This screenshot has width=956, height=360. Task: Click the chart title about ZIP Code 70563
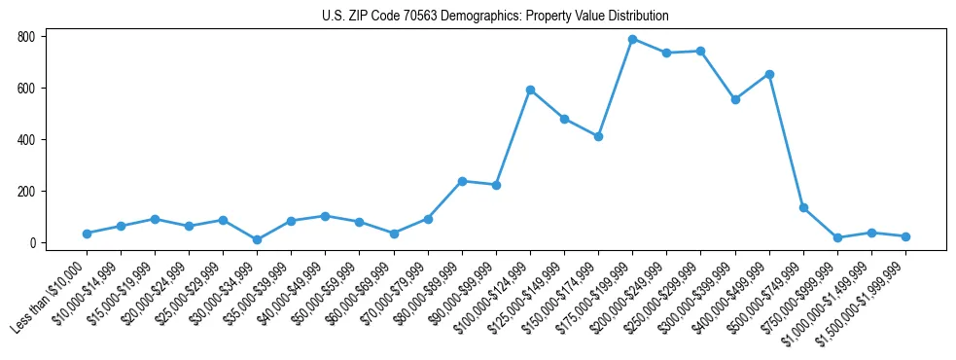click(x=495, y=17)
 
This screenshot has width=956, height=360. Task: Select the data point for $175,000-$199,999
click(x=633, y=39)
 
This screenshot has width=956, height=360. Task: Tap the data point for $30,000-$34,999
click(x=257, y=239)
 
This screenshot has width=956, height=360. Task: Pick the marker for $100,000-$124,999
click(x=530, y=90)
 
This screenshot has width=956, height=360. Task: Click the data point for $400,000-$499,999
click(x=769, y=74)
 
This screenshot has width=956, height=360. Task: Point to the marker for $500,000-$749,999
click(x=803, y=207)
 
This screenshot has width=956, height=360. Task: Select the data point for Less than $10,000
click(x=87, y=234)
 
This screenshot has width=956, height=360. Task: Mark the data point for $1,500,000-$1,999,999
click(x=905, y=236)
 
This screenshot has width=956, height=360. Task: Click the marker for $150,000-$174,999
click(x=598, y=136)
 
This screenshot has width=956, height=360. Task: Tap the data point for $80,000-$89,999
click(x=462, y=181)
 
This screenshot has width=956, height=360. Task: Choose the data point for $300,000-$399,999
click(x=735, y=99)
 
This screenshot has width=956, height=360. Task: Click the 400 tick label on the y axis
click(x=26, y=140)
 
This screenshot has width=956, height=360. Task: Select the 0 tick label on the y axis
click(x=32, y=243)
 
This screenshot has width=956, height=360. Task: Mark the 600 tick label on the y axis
click(x=26, y=89)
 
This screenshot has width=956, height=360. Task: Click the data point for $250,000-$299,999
click(x=700, y=51)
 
